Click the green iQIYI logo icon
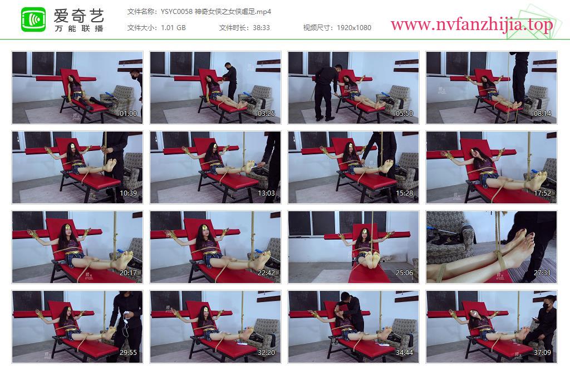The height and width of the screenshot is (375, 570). click(x=33, y=20)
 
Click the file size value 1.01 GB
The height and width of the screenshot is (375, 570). click(x=173, y=28)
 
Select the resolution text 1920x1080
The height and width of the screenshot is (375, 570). click(x=353, y=28)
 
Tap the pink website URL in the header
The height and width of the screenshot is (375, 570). click(x=471, y=25)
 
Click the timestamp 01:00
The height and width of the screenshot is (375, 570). click(x=129, y=114)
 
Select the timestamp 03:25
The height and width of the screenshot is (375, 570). click(x=266, y=114)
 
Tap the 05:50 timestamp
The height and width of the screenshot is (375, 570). click(x=404, y=114)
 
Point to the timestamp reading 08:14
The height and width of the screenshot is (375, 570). click(x=542, y=114)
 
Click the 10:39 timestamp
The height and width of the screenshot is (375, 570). click(x=129, y=193)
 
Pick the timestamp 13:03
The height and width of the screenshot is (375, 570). click(x=266, y=193)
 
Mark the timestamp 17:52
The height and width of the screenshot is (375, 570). click(x=542, y=193)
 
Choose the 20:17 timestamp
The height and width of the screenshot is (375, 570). click(x=129, y=273)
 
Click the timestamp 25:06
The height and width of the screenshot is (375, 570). click(x=404, y=273)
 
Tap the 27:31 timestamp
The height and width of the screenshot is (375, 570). click(x=542, y=273)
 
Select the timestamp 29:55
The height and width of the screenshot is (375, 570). click(x=129, y=353)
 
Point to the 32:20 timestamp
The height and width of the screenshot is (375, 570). click(x=266, y=353)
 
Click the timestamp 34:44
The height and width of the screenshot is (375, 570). click(x=404, y=353)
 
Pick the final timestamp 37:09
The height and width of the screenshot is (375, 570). click(x=542, y=353)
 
